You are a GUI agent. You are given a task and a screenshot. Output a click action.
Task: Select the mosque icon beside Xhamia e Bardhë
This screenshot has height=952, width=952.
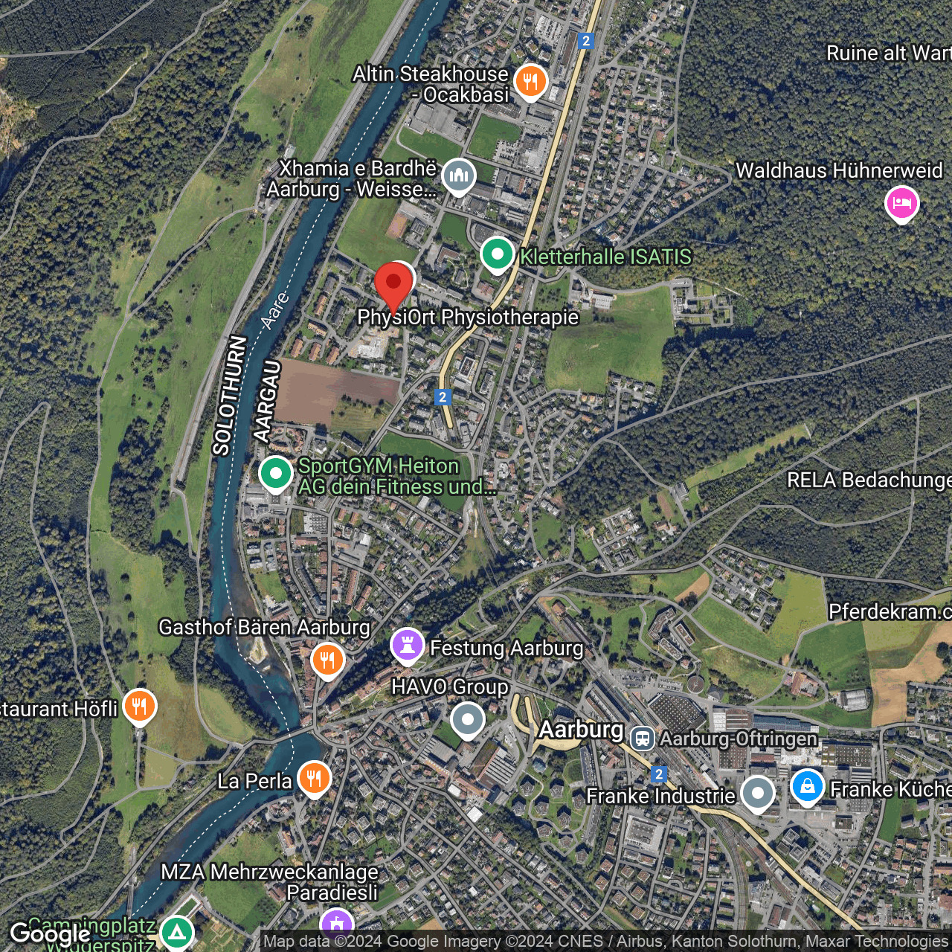pos(458,177)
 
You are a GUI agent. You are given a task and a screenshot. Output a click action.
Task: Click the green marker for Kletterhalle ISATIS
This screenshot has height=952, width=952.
pos(497,254)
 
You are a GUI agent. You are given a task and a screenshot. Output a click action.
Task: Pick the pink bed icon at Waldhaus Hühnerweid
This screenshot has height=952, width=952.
pos(901,202)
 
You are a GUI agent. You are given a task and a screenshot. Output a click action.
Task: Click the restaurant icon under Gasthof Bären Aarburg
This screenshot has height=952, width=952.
pos(327,659)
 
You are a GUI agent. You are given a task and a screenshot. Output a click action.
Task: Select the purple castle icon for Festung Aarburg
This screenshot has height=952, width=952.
pos(407,646)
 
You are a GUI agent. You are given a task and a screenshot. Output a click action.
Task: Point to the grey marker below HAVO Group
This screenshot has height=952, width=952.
pos(467,720)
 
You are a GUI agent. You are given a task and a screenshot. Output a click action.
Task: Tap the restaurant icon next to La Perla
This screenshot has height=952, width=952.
pos(314,779)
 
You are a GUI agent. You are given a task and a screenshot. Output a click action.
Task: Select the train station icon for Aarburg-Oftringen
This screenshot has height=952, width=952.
pos(642,739)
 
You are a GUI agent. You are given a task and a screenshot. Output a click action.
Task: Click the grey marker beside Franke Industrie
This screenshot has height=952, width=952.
pos(757,793)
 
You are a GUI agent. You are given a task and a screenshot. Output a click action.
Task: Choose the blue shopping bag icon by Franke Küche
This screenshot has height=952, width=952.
pos(807,786)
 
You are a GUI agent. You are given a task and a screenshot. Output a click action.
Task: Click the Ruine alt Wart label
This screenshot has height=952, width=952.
pos(889,54)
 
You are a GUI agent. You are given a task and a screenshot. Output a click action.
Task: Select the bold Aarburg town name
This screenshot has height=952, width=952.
pos(581,730)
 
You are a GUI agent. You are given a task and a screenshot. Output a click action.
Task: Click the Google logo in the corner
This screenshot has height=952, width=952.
pos(50,934)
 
